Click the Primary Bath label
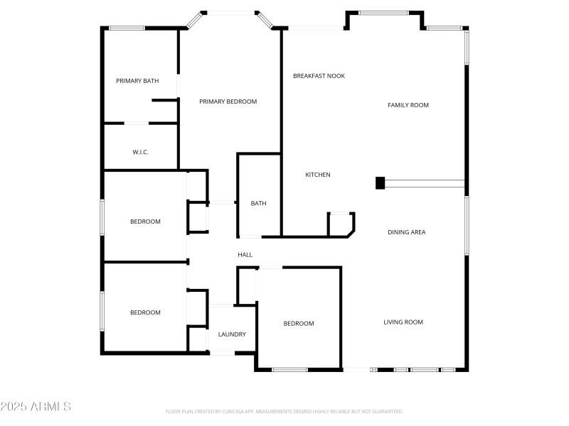[x=137, y=81]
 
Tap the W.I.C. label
[x=140, y=152]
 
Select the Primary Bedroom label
[x=228, y=102]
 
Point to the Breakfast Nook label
[x=319, y=75]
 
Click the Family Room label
[x=408, y=105]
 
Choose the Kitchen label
[x=318, y=175]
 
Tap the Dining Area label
[x=407, y=232]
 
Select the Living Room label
[x=403, y=322]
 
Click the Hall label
[x=245, y=255]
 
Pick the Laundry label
[x=232, y=334]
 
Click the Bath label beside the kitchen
[x=258, y=204]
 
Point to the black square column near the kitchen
[x=380, y=183]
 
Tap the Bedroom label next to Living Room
[x=299, y=324]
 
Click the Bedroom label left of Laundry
[x=145, y=312]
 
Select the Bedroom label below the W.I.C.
[x=145, y=222]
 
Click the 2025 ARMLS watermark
[x=36, y=407]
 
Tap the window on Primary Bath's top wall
[x=127, y=28]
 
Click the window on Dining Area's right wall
[x=467, y=225]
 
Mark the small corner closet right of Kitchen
[x=340, y=224]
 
